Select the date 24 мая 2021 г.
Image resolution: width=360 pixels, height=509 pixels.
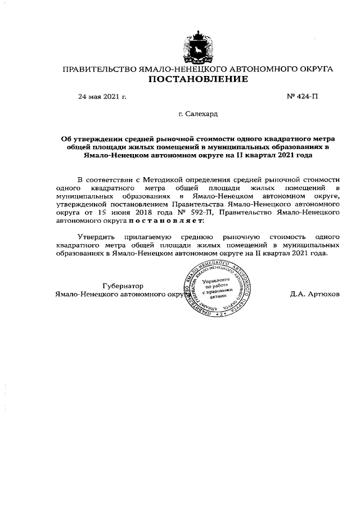click(x=102, y=97)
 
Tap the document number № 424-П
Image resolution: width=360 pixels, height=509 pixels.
click(x=303, y=97)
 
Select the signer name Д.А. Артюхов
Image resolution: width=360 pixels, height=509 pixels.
click(x=315, y=294)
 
